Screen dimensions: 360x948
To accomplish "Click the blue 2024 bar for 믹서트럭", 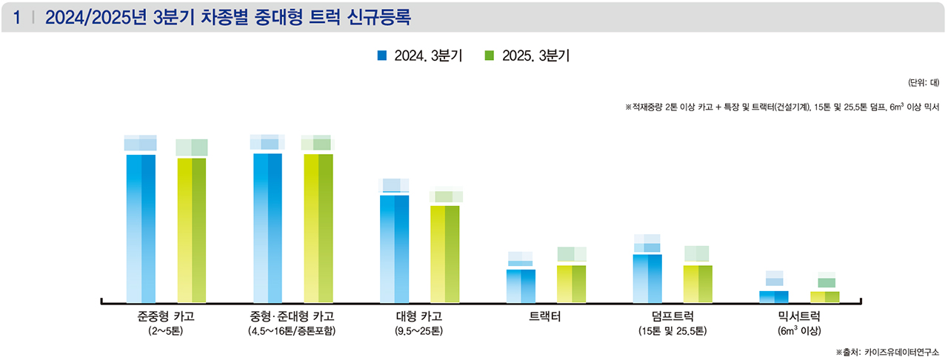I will pyautogui.click(x=774, y=296).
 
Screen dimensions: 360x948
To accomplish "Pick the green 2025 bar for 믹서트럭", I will pyautogui.click(x=825, y=296).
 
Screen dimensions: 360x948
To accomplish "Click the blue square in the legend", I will pyautogui.click(x=382, y=56).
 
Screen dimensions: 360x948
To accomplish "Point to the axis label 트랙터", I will pyautogui.click(x=545, y=317).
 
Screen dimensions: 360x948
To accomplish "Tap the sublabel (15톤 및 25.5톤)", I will pyautogui.click(x=672, y=331).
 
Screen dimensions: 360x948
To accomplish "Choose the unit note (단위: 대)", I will pyautogui.click(x=923, y=82).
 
